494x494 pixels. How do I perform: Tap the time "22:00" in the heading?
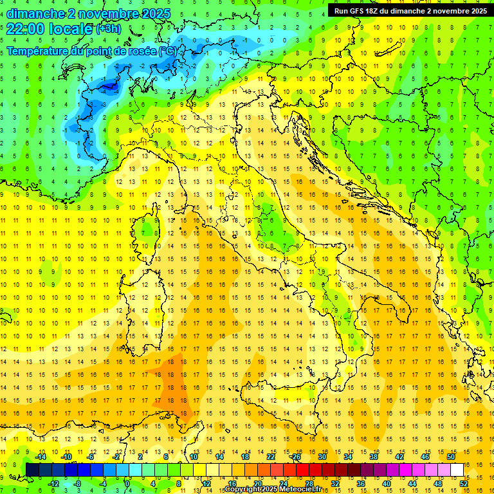[25, 29]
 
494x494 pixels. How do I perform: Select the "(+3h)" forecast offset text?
[107, 30]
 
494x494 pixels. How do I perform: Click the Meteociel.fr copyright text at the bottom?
[279, 489]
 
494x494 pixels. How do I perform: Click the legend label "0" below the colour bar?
[127, 483]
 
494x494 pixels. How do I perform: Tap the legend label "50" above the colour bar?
[451, 457]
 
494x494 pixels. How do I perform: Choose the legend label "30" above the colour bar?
[322, 457]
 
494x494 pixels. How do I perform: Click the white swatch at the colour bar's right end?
[457, 470]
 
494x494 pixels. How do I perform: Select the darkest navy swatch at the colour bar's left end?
[32, 470]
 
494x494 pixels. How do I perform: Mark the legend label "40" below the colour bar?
[387, 483]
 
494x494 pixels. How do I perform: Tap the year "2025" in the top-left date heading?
[154, 14]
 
